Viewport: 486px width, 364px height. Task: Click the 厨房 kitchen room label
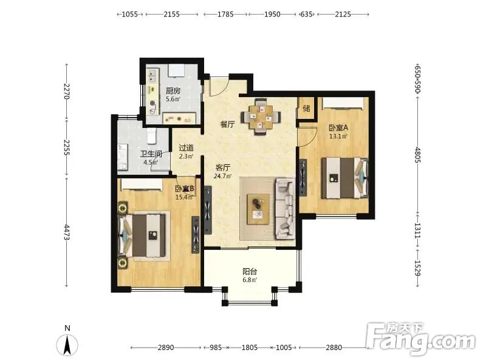(173, 91)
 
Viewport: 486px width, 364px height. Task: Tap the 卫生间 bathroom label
(151, 154)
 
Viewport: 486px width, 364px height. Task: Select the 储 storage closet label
(306, 109)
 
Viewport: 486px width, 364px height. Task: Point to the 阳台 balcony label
(250, 272)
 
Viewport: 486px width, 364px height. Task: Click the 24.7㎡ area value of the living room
(222, 177)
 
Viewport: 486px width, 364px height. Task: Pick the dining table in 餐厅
(261, 116)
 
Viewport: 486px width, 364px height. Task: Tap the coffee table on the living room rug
(258, 209)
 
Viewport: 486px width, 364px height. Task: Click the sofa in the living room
(285, 209)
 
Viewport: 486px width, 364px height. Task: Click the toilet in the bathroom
(151, 136)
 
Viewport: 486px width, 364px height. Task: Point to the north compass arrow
(67, 345)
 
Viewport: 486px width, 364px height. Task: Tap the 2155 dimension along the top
(172, 14)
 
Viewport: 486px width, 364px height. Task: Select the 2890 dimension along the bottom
(166, 348)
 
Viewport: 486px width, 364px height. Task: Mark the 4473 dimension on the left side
(67, 232)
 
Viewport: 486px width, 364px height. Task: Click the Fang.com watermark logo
(420, 339)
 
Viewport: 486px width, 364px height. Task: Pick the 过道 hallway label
(187, 148)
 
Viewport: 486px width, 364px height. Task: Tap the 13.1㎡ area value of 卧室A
(338, 136)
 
